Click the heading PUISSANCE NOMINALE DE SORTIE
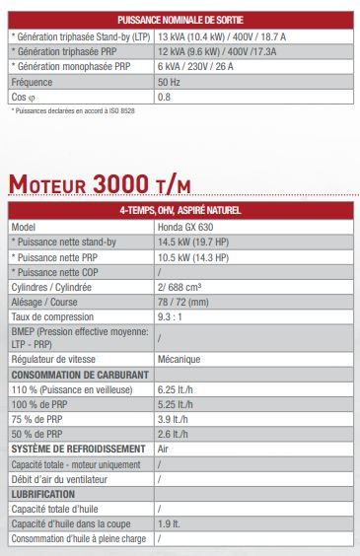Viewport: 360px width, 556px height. [180, 20]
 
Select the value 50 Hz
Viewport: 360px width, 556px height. [170, 82]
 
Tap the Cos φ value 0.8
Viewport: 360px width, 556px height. [164, 97]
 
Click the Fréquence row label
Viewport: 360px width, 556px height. [33, 82]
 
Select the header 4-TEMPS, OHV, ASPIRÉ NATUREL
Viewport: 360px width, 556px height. [180, 210]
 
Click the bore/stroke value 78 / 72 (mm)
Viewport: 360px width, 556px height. [183, 302]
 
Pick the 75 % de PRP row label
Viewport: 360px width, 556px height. [36, 419]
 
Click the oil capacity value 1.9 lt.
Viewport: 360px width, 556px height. [168, 523]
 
